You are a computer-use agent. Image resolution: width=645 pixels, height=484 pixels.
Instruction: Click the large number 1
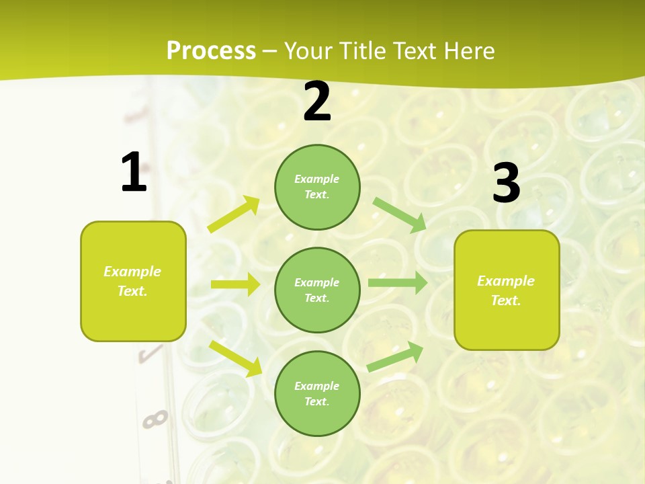pyautogui.click(x=134, y=173)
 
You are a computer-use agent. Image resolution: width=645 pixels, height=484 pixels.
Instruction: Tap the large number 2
pyautogui.click(x=317, y=102)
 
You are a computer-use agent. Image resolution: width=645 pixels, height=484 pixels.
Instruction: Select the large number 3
pyautogui.click(x=506, y=184)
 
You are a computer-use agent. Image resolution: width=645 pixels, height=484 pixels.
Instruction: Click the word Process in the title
pyautogui.click(x=211, y=51)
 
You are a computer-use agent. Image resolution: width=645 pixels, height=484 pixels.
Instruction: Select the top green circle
pyautogui.click(x=317, y=187)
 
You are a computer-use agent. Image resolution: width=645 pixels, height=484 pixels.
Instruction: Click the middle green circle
pyautogui.click(x=317, y=290)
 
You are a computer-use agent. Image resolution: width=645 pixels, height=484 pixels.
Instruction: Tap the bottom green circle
pyautogui.click(x=317, y=393)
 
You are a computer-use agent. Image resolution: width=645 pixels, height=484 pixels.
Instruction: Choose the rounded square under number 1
pyautogui.click(x=133, y=281)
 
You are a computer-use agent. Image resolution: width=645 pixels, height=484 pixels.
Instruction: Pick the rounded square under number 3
pyautogui.click(x=507, y=290)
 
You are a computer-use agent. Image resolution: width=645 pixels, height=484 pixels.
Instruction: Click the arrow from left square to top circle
pyautogui.click(x=234, y=215)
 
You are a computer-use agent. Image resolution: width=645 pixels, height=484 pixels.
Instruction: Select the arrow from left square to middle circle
pyautogui.click(x=235, y=284)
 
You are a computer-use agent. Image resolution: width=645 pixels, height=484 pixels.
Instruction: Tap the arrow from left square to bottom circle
pyautogui.click(x=235, y=358)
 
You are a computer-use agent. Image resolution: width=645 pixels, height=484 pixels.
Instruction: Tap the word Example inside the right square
pyautogui.click(x=506, y=281)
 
